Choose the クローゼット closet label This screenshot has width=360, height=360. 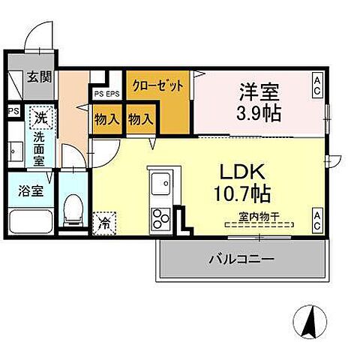click(x=158, y=86)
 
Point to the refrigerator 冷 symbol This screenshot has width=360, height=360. click(x=104, y=222)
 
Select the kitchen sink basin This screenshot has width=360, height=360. click(x=160, y=181)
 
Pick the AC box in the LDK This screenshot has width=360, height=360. click(x=318, y=220)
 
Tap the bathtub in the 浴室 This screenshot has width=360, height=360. click(x=28, y=220)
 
